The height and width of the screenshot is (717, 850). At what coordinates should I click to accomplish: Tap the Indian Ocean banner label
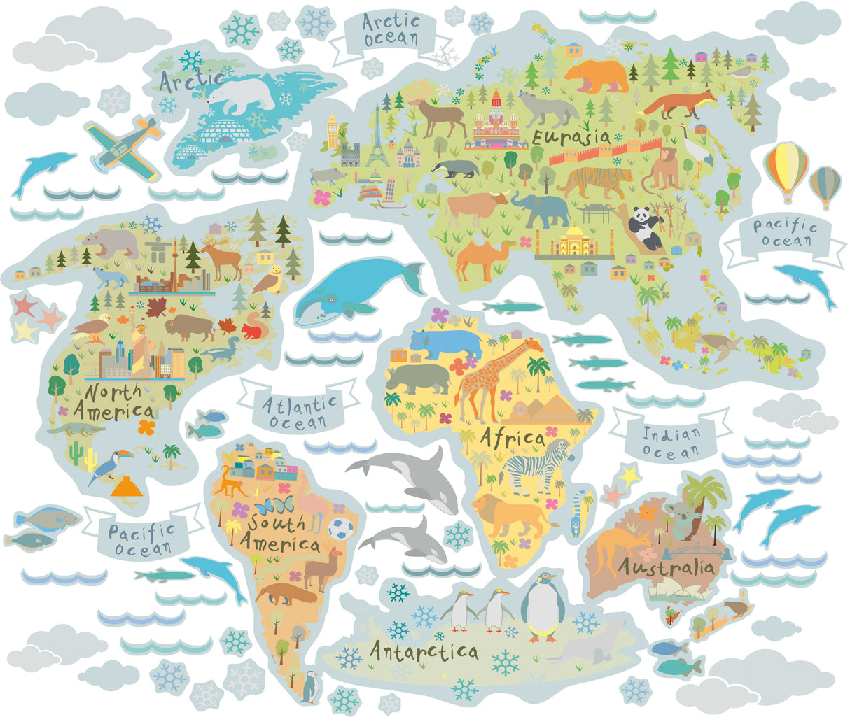[x=671, y=442]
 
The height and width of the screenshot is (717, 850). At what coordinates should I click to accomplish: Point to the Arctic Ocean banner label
[x=389, y=30]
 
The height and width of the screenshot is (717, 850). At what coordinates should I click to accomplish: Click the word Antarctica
[x=424, y=652]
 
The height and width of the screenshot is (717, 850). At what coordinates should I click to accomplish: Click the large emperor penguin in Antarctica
[x=541, y=606]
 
